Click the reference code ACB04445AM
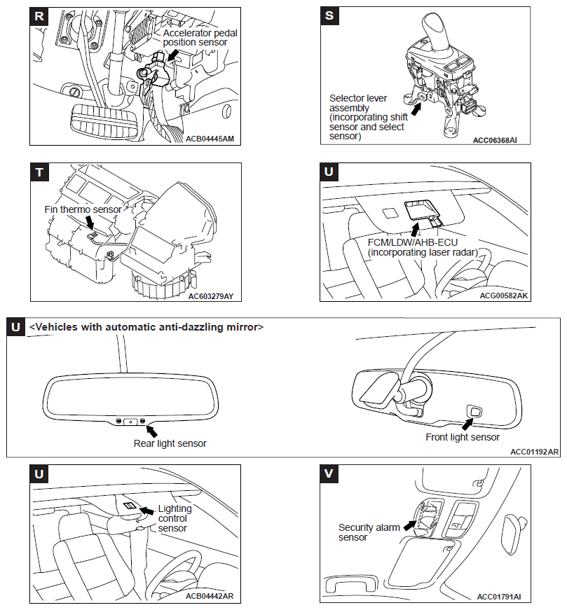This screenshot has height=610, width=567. (210, 139)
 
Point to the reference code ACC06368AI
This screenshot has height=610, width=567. (495, 139)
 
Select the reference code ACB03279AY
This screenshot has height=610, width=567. (210, 296)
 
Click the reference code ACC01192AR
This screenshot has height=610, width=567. (535, 452)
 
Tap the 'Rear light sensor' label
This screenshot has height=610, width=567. (170, 443)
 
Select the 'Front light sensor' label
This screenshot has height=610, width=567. (463, 437)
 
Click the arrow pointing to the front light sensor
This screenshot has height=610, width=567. (467, 422)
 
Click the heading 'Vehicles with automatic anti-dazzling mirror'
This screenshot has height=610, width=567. (146, 326)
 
